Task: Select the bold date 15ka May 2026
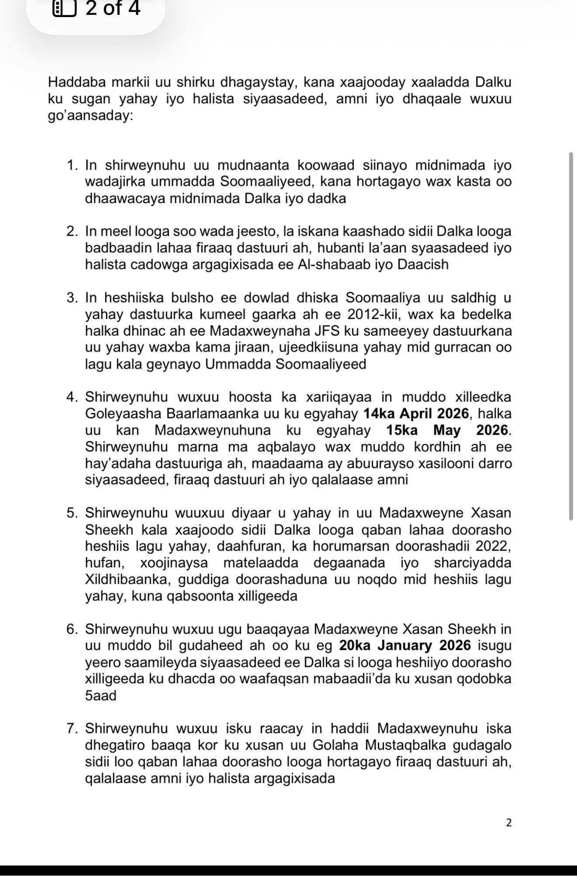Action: point(448,430)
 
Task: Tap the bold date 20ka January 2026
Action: point(405,645)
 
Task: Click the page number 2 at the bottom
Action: point(508,823)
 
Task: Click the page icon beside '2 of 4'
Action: point(64,8)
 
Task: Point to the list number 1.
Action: point(72,165)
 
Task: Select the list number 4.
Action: point(72,397)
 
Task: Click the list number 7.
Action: point(72,728)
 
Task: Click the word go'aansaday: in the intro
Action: point(90,117)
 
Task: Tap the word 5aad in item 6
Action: point(101,695)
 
